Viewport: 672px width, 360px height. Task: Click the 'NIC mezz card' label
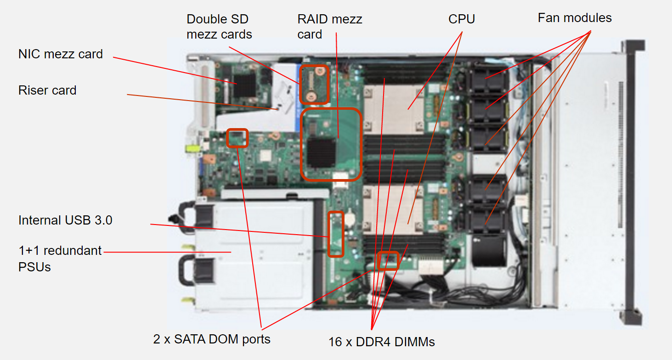pos(61,54)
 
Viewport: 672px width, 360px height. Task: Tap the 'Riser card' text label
pos(47,90)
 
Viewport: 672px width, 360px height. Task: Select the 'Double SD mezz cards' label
pos(219,27)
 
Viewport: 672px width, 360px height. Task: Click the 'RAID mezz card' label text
pos(330,27)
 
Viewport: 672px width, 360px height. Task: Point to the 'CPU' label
pos(462,19)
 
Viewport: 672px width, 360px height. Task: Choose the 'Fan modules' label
pos(575,18)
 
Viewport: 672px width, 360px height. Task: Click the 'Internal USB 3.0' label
pos(65,220)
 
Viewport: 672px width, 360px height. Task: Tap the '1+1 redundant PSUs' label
pos(60,259)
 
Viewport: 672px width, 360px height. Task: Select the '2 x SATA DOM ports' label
pos(212,339)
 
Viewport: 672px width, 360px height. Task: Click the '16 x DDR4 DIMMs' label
pos(382,342)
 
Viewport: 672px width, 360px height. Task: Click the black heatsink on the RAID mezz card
pos(321,153)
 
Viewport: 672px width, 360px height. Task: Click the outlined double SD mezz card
pos(314,84)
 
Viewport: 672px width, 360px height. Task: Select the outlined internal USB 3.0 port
pos(336,234)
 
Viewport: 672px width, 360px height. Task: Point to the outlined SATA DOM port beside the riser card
pos(237,138)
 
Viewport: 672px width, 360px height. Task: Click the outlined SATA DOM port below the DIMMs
pos(388,261)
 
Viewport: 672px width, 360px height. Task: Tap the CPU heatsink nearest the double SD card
pos(394,109)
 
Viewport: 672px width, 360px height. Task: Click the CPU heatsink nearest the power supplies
pos(393,210)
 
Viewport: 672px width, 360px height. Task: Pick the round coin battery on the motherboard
pos(350,219)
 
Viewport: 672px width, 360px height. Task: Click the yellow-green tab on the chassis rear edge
pos(193,148)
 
